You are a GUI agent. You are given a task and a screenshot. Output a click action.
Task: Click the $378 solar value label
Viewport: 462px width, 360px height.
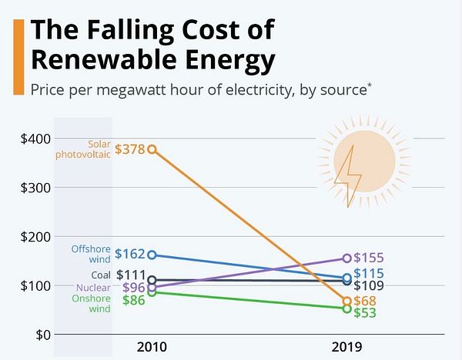click(x=130, y=150)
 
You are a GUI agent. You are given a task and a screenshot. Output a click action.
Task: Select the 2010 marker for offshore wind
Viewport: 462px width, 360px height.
click(x=152, y=255)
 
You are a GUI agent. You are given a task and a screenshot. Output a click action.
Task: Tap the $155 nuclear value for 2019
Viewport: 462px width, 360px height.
click(x=368, y=258)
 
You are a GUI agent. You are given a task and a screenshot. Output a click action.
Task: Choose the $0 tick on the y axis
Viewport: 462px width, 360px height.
click(x=42, y=335)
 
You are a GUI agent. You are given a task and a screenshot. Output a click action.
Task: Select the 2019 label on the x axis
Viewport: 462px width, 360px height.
click(x=346, y=346)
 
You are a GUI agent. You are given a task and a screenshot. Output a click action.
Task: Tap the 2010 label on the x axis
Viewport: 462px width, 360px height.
click(x=151, y=346)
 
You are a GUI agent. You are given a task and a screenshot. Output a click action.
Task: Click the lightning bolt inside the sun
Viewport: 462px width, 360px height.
click(x=349, y=175)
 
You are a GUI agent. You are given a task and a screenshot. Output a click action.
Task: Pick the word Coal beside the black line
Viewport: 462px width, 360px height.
click(x=102, y=275)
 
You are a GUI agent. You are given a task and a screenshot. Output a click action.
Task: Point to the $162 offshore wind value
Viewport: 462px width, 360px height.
click(x=129, y=254)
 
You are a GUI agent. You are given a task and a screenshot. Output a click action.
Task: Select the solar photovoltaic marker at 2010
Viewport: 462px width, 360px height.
click(x=152, y=149)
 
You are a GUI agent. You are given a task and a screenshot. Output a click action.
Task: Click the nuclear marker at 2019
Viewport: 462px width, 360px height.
click(x=346, y=258)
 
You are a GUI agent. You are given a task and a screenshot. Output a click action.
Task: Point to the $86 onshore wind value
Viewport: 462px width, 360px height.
click(x=133, y=300)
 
